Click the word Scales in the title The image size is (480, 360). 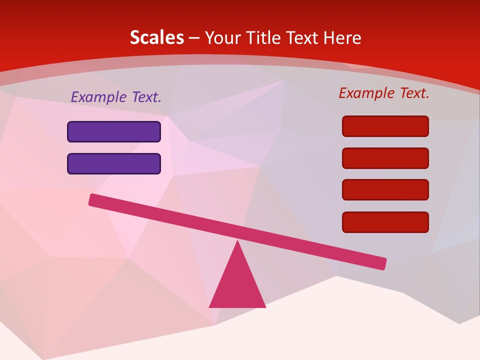[156, 37]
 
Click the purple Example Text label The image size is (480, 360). [116, 97]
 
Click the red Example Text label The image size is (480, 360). [384, 93]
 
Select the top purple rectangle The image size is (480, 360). [114, 131]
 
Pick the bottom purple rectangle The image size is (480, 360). [114, 163]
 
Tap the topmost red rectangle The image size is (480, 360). [385, 126]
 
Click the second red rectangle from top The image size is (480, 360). [385, 158]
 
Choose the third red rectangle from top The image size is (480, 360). [385, 190]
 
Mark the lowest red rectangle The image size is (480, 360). [385, 222]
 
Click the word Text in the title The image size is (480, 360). [304, 37]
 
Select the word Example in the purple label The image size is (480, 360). [99, 97]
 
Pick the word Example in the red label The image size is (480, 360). [367, 93]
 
